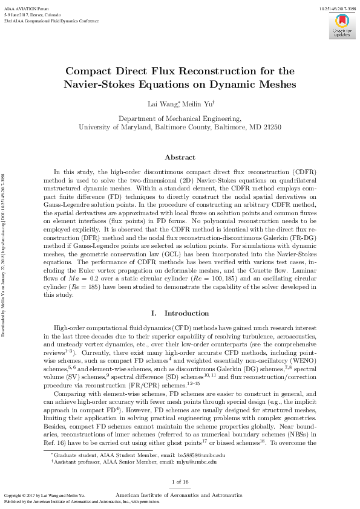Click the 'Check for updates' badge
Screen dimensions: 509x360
(342, 25)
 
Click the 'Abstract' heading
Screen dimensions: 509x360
(180, 157)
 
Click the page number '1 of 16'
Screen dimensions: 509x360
(180, 481)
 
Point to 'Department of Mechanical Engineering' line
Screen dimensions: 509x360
(180, 119)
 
